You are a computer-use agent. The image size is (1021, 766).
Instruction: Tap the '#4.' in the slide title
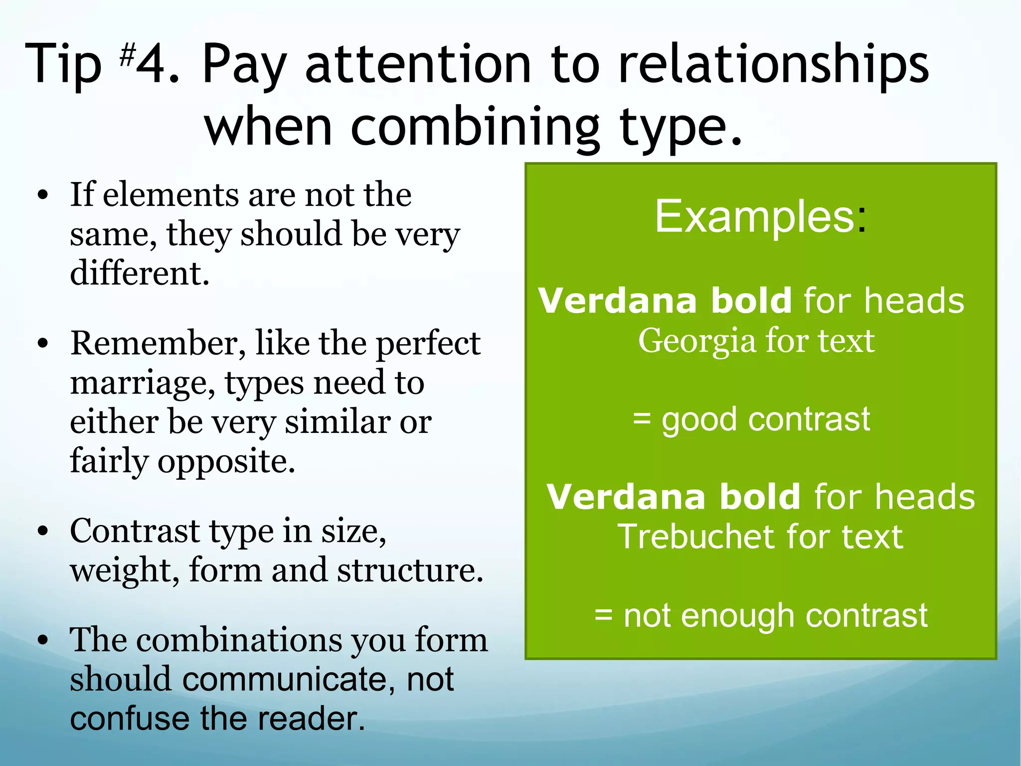pos(149,65)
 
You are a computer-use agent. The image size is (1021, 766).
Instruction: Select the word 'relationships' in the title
pos(773,65)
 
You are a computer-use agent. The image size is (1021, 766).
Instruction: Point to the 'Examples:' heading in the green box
pos(761,216)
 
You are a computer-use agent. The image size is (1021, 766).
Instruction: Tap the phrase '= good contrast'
pos(751,419)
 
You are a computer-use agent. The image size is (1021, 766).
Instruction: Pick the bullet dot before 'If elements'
pos(43,195)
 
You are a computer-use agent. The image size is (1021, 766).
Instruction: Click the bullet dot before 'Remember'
pos(43,344)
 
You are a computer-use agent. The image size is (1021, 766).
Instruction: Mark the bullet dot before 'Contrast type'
pos(43,532)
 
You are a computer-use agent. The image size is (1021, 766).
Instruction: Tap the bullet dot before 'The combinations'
pos(43,640)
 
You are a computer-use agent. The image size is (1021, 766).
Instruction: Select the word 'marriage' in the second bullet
pos(143,383)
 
